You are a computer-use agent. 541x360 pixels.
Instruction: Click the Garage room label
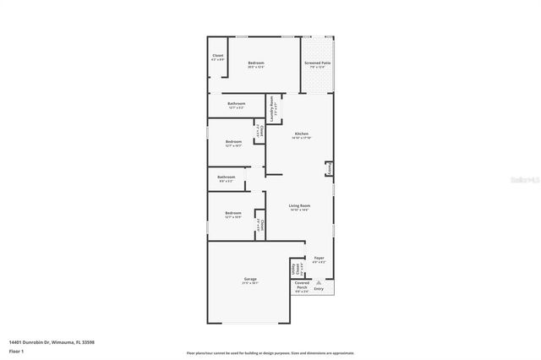[x=250, y=281]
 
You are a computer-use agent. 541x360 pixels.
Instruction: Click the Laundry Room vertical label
[x=272, y=107]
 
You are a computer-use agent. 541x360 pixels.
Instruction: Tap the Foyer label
[x=319, y=259]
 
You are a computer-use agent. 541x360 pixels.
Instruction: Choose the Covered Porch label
[x=302, y=286]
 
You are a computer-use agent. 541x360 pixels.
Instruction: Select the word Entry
[x=319, y=289]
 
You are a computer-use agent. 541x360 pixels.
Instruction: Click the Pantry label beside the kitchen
[x=328, y=170]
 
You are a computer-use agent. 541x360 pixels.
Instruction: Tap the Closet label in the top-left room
[x=217, y=57]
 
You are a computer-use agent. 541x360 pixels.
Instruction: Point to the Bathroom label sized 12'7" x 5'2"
[x=237, y=106]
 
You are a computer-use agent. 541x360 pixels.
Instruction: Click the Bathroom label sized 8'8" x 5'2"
[x=227, y=178]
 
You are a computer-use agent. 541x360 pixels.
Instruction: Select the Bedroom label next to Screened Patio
[x=255, y=65]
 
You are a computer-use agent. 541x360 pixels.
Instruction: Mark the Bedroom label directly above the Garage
[x=233, y=215]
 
